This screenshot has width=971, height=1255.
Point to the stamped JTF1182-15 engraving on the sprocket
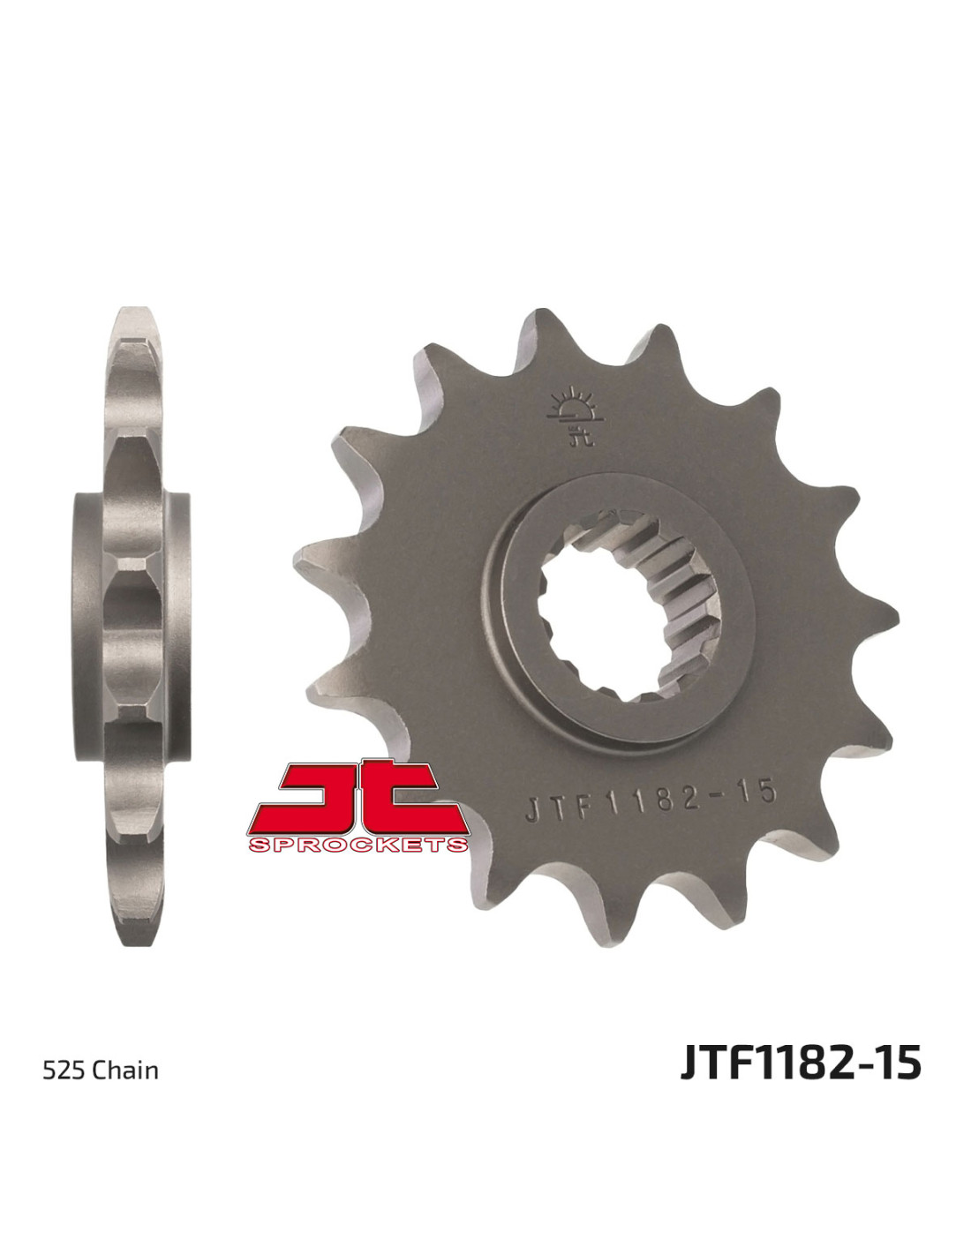650,801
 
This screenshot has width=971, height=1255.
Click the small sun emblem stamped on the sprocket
576,417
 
